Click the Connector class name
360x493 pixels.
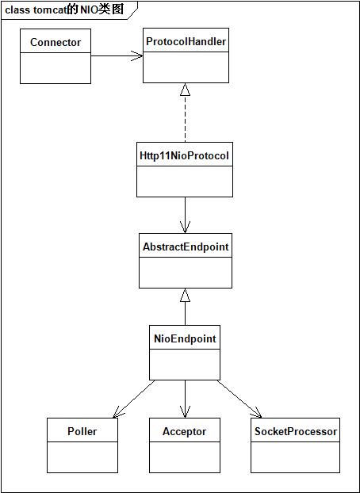point(56,42)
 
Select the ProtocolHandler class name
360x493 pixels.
point(186,41)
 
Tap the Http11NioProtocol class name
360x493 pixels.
point(185,155)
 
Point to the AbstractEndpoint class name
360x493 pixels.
point(186,246)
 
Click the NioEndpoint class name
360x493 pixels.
point(185,338)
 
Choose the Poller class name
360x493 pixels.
point(82,431)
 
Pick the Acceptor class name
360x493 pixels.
point(185,431)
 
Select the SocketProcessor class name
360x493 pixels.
point(296,431)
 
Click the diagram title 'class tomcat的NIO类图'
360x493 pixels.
point(64,10)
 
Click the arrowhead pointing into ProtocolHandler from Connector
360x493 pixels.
point(137,56)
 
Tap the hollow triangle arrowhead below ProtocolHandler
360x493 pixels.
point(186,90)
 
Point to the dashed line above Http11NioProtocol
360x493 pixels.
point(186,119)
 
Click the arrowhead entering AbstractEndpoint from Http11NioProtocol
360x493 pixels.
point(185,227)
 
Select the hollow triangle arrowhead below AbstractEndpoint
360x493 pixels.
point(186,295)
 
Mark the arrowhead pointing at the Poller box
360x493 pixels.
point(117,413)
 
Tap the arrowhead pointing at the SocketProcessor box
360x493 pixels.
point(257,413)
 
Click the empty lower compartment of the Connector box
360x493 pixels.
point(56,68)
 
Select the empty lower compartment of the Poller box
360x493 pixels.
point(82,457)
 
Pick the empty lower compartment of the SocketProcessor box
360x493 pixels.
point(296,457)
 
